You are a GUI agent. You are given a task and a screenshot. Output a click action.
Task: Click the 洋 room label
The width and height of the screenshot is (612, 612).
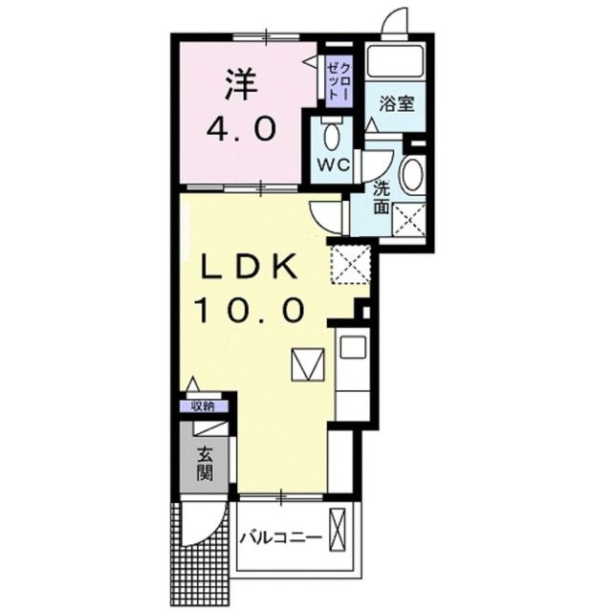[242, 87]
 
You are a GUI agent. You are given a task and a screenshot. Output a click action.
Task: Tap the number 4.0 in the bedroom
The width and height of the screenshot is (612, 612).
[242, 127]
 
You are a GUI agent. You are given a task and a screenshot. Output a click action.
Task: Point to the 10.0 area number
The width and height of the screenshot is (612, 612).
[251, 309]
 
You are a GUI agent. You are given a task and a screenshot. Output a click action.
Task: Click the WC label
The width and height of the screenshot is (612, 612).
[330, 164]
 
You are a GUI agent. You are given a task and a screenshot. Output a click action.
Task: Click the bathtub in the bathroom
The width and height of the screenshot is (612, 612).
[396, 62]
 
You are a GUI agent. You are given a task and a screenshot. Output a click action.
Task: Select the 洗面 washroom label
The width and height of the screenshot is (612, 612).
[382, 197]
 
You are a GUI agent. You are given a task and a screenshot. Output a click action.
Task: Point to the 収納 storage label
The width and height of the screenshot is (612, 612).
[203, 406]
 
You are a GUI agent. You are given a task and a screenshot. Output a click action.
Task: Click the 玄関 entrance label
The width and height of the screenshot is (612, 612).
[205, 464]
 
